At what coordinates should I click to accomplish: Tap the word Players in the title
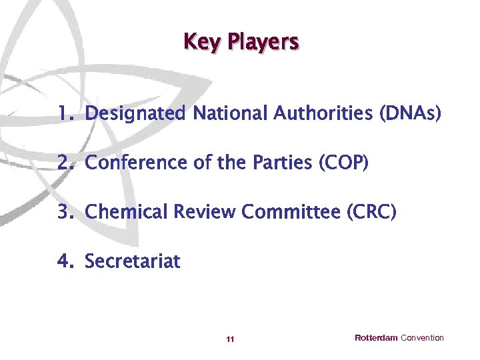tap(263, 42)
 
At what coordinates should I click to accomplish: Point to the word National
tap(230, 114)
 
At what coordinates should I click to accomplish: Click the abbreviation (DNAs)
tap(410, 114)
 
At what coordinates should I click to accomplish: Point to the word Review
tap(205, 212)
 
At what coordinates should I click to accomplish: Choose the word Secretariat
tap(133, 261)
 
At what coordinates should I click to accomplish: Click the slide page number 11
tap(230, 339)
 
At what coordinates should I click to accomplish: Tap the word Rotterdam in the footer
tap(376, 338)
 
